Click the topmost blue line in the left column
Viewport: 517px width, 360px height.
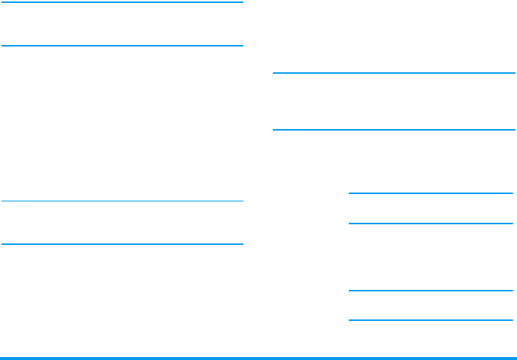click(122, 2)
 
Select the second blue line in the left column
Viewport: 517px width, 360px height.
click(122, 46)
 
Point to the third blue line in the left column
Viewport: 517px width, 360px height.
click(122, 201)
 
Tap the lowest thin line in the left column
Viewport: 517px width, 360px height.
click(122, 244)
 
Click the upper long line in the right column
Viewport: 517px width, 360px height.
click(394, 73)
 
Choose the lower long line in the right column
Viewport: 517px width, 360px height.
click(394, 130)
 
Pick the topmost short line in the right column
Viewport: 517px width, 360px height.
click(431, 193)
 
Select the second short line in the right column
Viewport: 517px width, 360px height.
click(431, 224)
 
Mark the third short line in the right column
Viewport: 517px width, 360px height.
click(431, 291)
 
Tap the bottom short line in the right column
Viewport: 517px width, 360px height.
click(431, 320)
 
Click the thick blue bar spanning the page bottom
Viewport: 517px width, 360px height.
click(258, 358)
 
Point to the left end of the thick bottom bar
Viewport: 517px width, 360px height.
click(2, 358)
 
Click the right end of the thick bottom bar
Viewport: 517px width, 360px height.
click(515, 358)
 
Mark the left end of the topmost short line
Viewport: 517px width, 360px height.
click(350, 193)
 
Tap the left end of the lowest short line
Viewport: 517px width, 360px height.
click(350, 320)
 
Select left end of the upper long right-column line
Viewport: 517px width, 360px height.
click(274, 73)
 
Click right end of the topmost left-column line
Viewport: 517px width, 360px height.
click(242, 2)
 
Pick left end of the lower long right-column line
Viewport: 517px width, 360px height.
click(274, 130)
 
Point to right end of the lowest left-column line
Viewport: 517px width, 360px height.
click(242, 244)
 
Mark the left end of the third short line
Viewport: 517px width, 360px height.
click(350, 291)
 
